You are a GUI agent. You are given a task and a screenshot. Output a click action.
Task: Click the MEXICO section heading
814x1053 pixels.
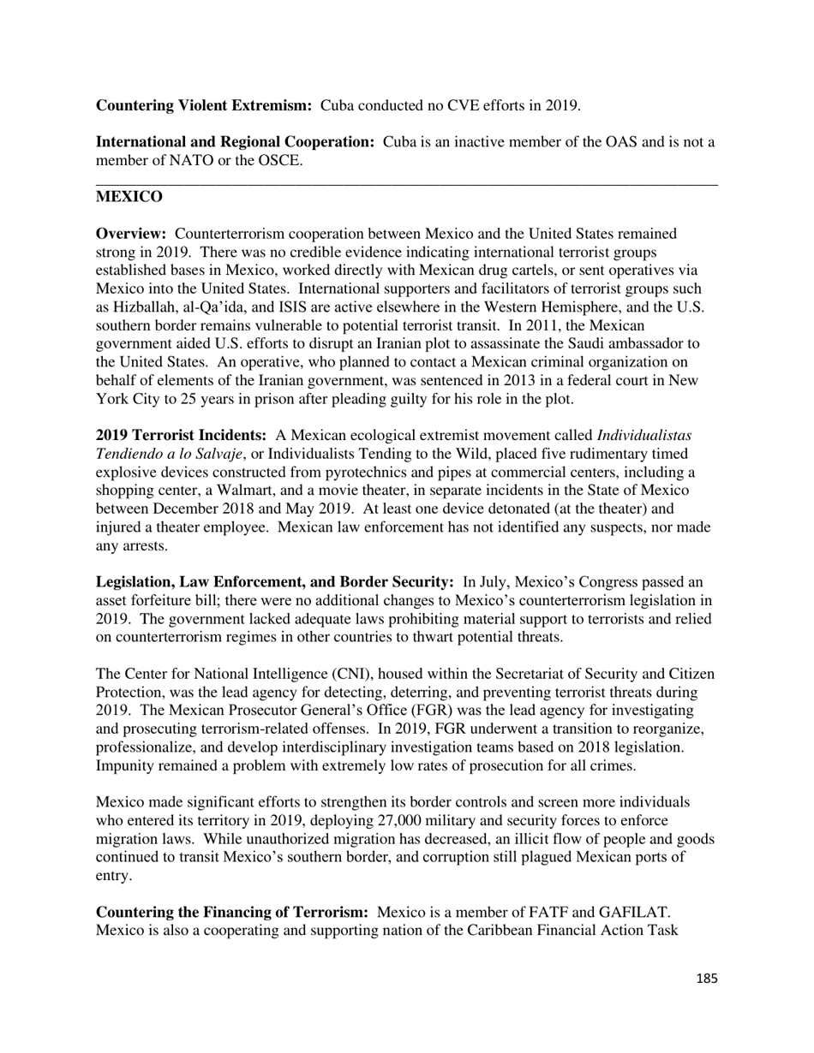tap(129, 197)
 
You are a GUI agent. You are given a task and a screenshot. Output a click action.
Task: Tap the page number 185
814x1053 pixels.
tap(706, 979)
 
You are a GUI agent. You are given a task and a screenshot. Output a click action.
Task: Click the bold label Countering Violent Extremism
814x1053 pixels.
tap(203, 105)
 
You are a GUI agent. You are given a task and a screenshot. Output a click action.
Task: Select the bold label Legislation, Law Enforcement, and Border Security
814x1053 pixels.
tap(274, 583)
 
